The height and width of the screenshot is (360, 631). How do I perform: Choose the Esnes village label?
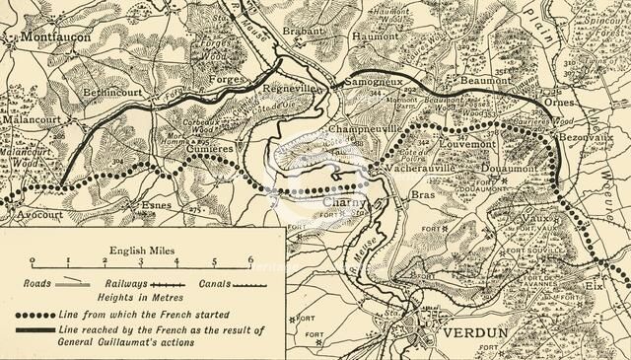tap(157, 205)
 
